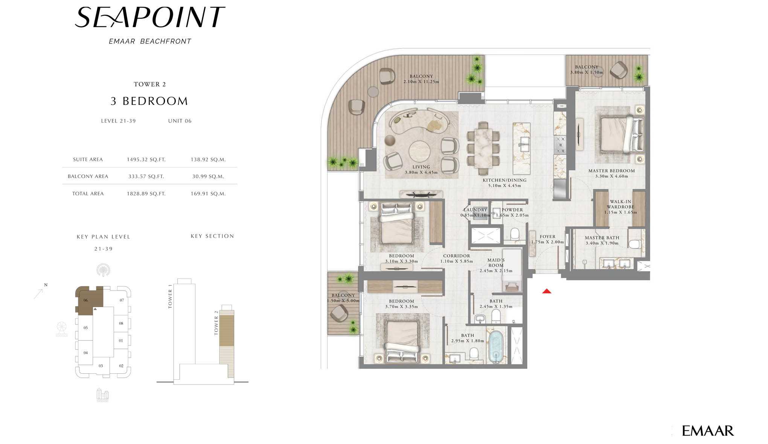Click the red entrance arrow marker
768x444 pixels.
(x=547, y=291)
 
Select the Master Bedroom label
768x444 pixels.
(x=611, y=171)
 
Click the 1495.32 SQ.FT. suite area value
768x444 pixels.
(x=146, y=160)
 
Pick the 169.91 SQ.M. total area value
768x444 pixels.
(x=208, y=194)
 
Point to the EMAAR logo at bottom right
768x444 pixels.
(x=708, y=431)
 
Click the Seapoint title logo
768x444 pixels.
(x=150, y=17)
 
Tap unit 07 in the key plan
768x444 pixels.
(x=122, y=300)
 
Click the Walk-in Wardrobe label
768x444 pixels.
(x=620, y=204)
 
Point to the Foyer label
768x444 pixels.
(x=547, y=237)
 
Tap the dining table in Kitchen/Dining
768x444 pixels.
(x=483, y=148)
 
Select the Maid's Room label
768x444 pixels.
(x=496, y=263)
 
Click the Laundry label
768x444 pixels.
(x=475, y=210)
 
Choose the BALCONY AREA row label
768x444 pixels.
(x=88, y=176)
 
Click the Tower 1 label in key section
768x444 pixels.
(x=170, y=297)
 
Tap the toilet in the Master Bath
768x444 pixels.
(x=634, y=243)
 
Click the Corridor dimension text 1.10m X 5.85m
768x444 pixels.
(x=456, y=261)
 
